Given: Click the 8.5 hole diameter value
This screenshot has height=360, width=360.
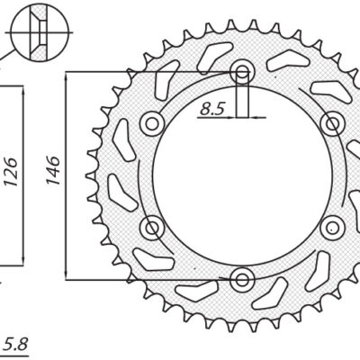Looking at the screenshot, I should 212,109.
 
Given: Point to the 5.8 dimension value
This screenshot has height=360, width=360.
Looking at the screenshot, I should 15,343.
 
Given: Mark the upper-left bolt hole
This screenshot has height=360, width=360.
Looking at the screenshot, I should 153,122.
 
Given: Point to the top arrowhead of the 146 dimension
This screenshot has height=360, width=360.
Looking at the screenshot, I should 68,77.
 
